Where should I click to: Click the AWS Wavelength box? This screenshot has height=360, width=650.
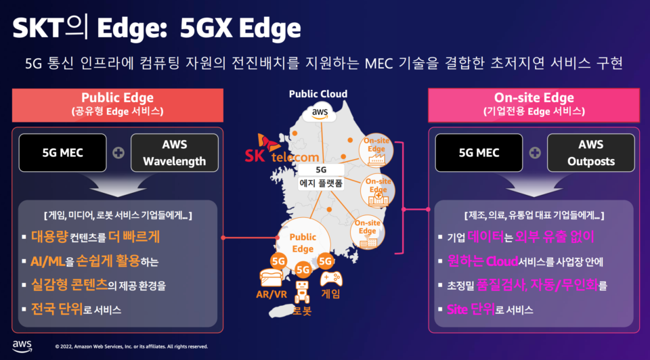click(x=175, y=152)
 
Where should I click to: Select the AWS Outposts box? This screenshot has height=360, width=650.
click(x=590, y=152)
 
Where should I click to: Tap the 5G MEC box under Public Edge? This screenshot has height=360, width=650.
click(x=62, y=152)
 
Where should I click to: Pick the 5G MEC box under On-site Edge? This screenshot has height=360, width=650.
click(x=479, y=152)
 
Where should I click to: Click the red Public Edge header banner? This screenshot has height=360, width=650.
click(x=118, y=105)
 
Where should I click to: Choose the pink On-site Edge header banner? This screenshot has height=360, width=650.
click(x=534, y=105)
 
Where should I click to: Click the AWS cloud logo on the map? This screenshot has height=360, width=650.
click(x=319, y=113)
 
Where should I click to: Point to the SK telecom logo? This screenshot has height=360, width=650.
click(x=282, y=148)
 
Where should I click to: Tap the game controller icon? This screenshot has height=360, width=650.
click(x=331, y=278)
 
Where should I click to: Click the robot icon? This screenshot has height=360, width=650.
click(x=302, y=292)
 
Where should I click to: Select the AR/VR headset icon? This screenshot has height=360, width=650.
click(x=271, y=277)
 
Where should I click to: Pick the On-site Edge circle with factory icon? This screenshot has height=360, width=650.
click(x=376, y=150)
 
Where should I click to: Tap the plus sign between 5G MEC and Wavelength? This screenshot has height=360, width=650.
click(x=118, y=153)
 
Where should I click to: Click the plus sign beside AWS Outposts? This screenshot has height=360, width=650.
click(x=535, y=153)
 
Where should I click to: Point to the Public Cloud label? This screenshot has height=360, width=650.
click(x=318, y=94)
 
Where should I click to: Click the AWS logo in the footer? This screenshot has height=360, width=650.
click(x=22, y=346)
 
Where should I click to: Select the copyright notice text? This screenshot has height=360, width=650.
click(x=131, y=346)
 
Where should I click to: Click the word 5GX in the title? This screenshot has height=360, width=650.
click(x=206, y=28)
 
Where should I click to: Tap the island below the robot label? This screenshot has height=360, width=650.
click(x=281, y=311)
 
